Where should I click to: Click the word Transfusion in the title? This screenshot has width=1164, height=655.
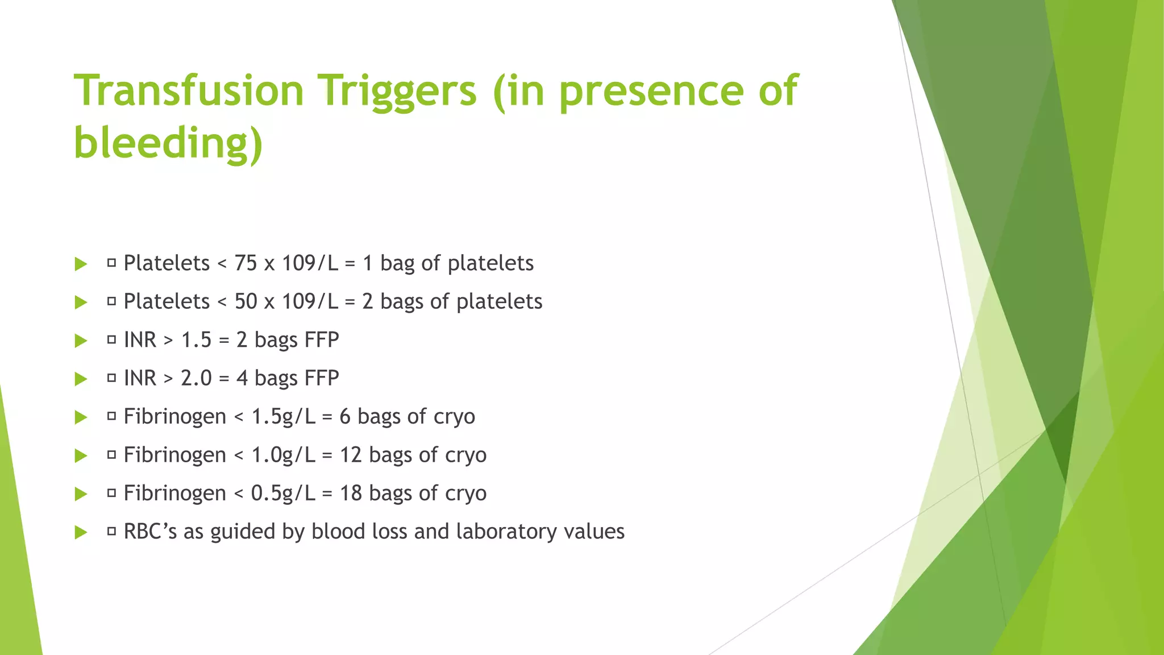pyautogui.click(x=189, y=90)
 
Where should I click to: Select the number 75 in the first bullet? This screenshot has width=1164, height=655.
pyautogui.click(x=246, y=263)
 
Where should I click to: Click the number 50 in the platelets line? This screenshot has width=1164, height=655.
pyautogui.click(x=246, y=301)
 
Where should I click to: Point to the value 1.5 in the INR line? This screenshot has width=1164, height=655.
pyautogui.click(x=196, y=340)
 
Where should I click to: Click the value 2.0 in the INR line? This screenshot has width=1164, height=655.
pyautogui.click(x=196, y=378)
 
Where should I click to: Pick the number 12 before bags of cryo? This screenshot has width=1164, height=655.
pyautogui.click(x=351, y=455)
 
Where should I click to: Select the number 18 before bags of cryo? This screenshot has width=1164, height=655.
pyautogui.click(x=351, y=493)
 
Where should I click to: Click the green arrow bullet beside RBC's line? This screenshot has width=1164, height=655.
pyautogui.click(x=81, y=533)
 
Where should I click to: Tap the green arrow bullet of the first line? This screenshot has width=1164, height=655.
pyautogui.click(x=81, y=264)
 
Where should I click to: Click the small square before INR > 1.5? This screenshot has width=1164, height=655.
pyautogui.click(x=111, y=340)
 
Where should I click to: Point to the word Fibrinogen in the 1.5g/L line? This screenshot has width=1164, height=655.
pyautogui.click(x=175, y=417)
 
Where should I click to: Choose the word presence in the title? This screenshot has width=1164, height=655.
pyautogui.click(x=651, y=90)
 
